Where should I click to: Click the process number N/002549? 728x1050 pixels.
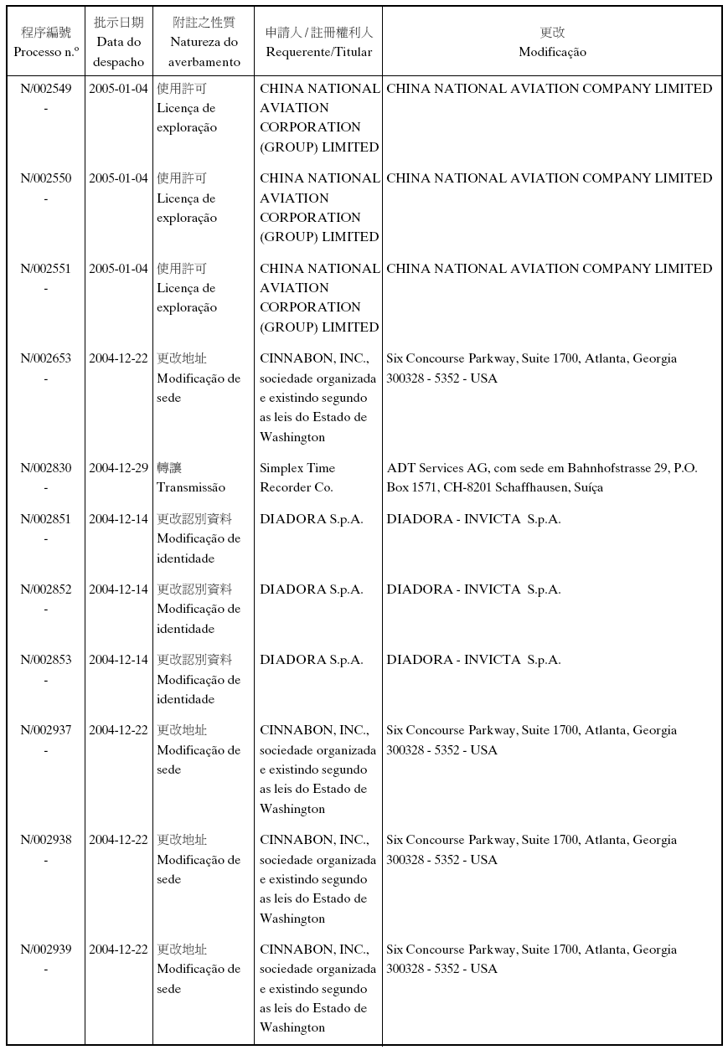pyautogui.click(x=46, y=89)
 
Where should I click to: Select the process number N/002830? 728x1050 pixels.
pyautogui.click(x=46, y=469)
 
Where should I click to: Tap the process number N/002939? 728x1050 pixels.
pyautogui.click(x=46, y=950)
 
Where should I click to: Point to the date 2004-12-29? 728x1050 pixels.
pyautogui.click(x=118, y=469)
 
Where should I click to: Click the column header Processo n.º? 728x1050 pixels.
pyautogui.click(x=46, y=52)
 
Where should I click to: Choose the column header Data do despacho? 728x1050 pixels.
pyautogui.click(x=118, y=52)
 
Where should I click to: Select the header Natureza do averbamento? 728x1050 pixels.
pyautogui.click(x=204, y=52)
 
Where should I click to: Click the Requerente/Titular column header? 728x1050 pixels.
pyautogui.click(x=319, y=52)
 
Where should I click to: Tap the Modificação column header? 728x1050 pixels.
pyautogui.click(x=552, y=52)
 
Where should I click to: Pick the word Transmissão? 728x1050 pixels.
pyautogui.click(x=191, y=488)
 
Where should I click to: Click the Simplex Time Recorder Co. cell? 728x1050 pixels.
pyautogui.click(x=297, y=478)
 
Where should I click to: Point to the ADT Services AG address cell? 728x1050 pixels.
pyautogui.click(x=541, y=478)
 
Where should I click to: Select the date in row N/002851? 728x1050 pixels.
pyautogui.click(x=118, y=519)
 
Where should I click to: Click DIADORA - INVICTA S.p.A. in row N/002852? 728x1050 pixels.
pyautogui.click(x=473, y=589)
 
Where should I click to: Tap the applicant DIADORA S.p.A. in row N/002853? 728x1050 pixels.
pyautogui.click(x=312, y=660)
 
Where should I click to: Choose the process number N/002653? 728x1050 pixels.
pyautogui.click(x=46, y=358)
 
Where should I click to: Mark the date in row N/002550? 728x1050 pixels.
pyautogui.click(x=118, y=178)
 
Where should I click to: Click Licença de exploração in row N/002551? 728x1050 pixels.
pyautogui.click(x=186, y=298)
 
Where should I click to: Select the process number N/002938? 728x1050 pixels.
pyautogui.click(x=46, y=840)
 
